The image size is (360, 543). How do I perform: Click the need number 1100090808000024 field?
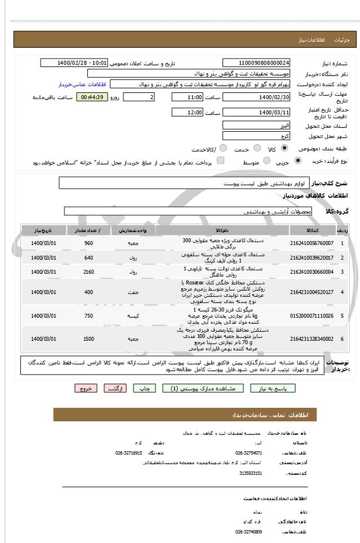[256, 63]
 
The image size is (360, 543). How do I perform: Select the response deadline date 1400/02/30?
[256, 97]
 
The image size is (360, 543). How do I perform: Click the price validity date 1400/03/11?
[256, 113]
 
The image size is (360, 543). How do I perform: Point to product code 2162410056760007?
[312, 243]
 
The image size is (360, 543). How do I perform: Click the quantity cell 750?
[88, 316]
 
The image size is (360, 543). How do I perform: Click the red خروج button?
[86, 388]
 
